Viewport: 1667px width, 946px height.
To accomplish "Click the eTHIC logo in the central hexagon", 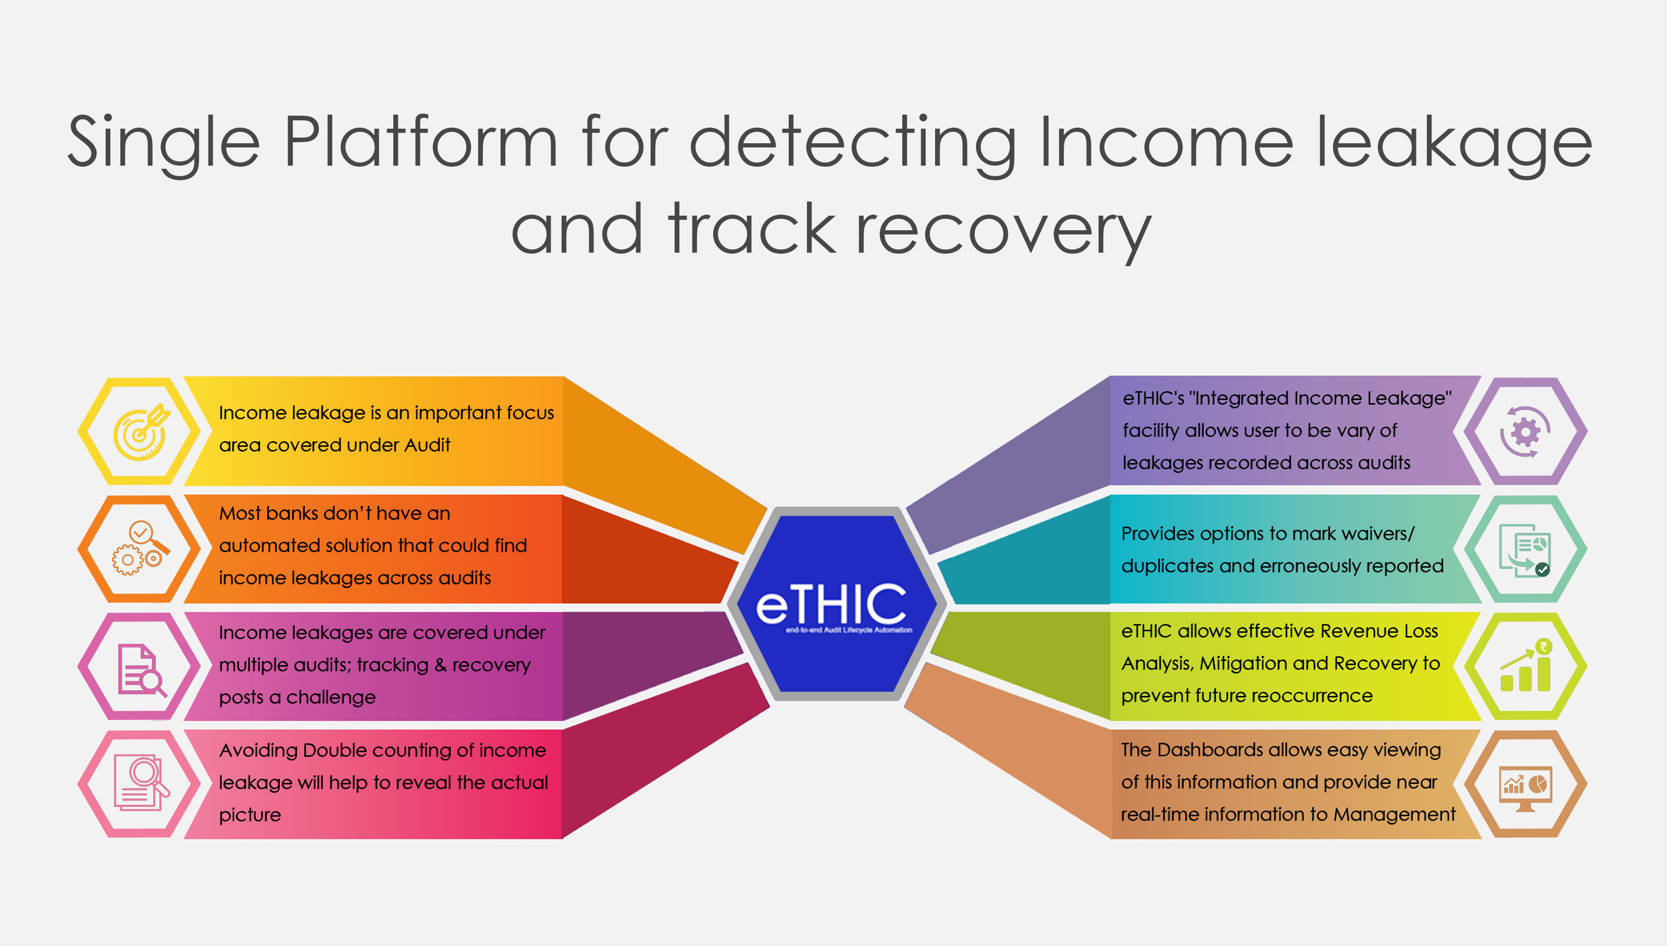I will (831, 604).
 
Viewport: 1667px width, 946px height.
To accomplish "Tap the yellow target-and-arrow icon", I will (140, 431).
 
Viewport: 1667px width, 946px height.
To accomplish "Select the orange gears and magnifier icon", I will (140, 549).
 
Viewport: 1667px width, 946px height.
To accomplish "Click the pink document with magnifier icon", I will (140, 783).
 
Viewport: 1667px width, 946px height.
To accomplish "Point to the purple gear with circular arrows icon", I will (1525, 431).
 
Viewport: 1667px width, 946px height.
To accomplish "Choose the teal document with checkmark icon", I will (1525, 550).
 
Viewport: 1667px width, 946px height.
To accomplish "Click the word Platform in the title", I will (421, 143).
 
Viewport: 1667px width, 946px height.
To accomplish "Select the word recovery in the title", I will (1004, 231).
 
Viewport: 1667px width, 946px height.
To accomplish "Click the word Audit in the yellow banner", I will (427, 445).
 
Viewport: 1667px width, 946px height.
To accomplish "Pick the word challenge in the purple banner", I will (331, 697).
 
